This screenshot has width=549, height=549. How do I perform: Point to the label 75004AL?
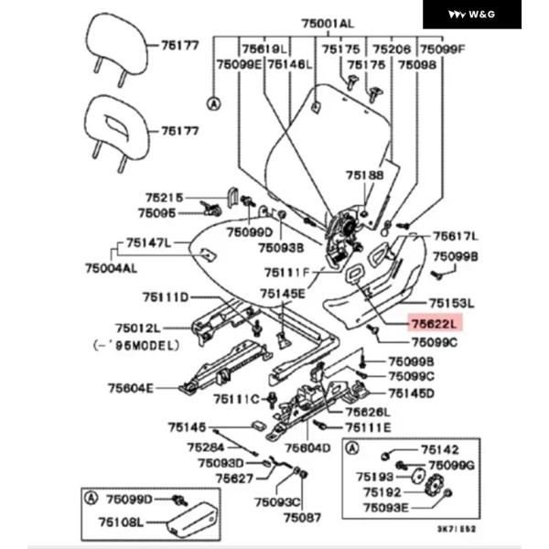(111, 268)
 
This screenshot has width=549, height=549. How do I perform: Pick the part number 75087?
(303, 518)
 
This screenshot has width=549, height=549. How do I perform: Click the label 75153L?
(454, 303)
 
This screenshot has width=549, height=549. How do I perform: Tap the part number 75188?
(364, 175)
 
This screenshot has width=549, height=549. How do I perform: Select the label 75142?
(440, 449)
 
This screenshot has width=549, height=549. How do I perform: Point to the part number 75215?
(164, 197)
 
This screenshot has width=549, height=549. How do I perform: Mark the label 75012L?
(138, 328)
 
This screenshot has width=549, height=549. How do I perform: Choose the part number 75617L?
(455, 235)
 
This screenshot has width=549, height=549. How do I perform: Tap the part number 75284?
(206, 447)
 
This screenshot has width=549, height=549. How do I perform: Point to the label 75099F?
(443, 48)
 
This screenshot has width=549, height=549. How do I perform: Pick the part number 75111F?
(287, 273)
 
